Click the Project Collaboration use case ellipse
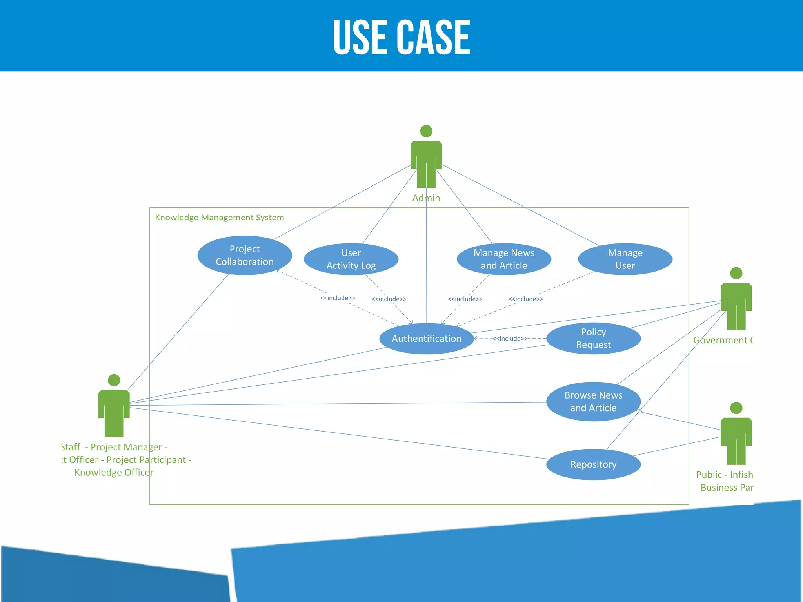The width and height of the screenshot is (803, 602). click(x=245, y=255)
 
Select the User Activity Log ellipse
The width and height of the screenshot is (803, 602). click(x=351, y=259)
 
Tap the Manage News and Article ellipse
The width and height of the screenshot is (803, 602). click(x=504, y=259)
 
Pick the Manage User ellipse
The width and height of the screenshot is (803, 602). click(x=625, y=259)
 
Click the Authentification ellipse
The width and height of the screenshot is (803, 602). click(x=426, y=339)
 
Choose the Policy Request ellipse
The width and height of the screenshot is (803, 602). click(x=593, y=338)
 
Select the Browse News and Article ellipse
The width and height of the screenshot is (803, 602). click(x=593, y=401)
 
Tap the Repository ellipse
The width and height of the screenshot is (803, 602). click(x=593, y=464)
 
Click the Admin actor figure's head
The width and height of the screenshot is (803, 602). click(x=426, y=131)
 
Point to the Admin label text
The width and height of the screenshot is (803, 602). click(x=426, y=198)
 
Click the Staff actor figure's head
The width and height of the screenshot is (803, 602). click(x=114, y=380)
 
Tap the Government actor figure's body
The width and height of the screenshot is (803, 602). click(x=736, y=306)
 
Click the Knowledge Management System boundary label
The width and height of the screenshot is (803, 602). click(x=219, y=218)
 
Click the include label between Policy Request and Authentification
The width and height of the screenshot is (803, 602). click(x=510, y=339)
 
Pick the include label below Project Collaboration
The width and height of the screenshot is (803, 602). click(x=338, y=298)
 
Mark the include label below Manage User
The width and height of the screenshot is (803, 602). click(x=525, y=299)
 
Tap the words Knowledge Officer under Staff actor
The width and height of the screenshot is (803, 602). click(x=114, y=472)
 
